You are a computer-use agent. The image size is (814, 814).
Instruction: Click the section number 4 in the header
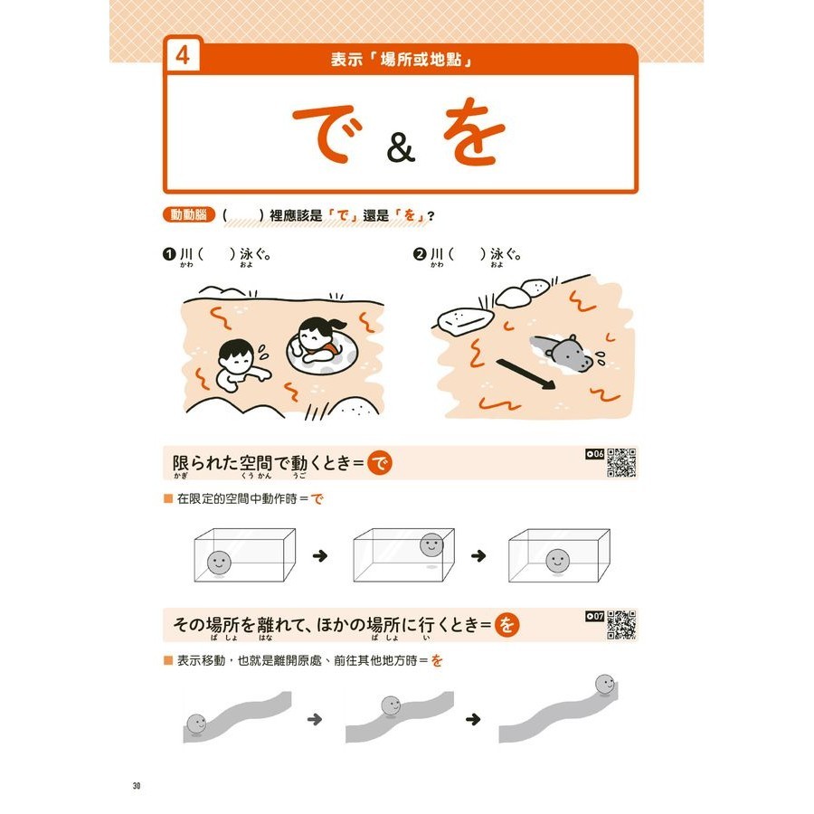coord(182,55)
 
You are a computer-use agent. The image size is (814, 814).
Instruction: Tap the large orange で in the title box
coord(327,134)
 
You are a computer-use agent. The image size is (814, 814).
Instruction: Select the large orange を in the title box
coord(473,131)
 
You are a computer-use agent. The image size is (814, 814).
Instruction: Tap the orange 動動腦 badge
coord(188,214)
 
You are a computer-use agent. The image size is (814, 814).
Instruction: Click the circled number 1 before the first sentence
coord(169,254)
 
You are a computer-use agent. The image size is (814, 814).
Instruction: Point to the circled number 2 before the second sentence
coord(420,254)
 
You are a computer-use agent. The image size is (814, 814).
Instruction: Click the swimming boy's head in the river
coord(236,355)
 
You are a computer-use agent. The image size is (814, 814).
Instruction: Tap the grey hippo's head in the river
coord(571,354)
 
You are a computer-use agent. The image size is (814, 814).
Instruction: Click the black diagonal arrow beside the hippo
coord(525,374)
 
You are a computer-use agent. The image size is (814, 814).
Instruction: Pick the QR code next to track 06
coord(621,462)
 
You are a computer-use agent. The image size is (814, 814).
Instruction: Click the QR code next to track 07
coord(621,624)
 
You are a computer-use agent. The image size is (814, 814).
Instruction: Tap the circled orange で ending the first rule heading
coord(380,463)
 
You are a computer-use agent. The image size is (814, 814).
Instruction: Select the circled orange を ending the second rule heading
coord(506,624)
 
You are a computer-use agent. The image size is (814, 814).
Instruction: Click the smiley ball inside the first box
coord(219,563)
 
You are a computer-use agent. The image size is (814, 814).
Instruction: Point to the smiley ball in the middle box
coord(431,545)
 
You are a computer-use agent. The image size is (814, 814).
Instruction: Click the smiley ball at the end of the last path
coord(604,685)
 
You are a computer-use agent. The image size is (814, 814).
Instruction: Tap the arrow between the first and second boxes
coord(320,556)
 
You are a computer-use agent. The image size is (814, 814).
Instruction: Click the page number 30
coord(137,785)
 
